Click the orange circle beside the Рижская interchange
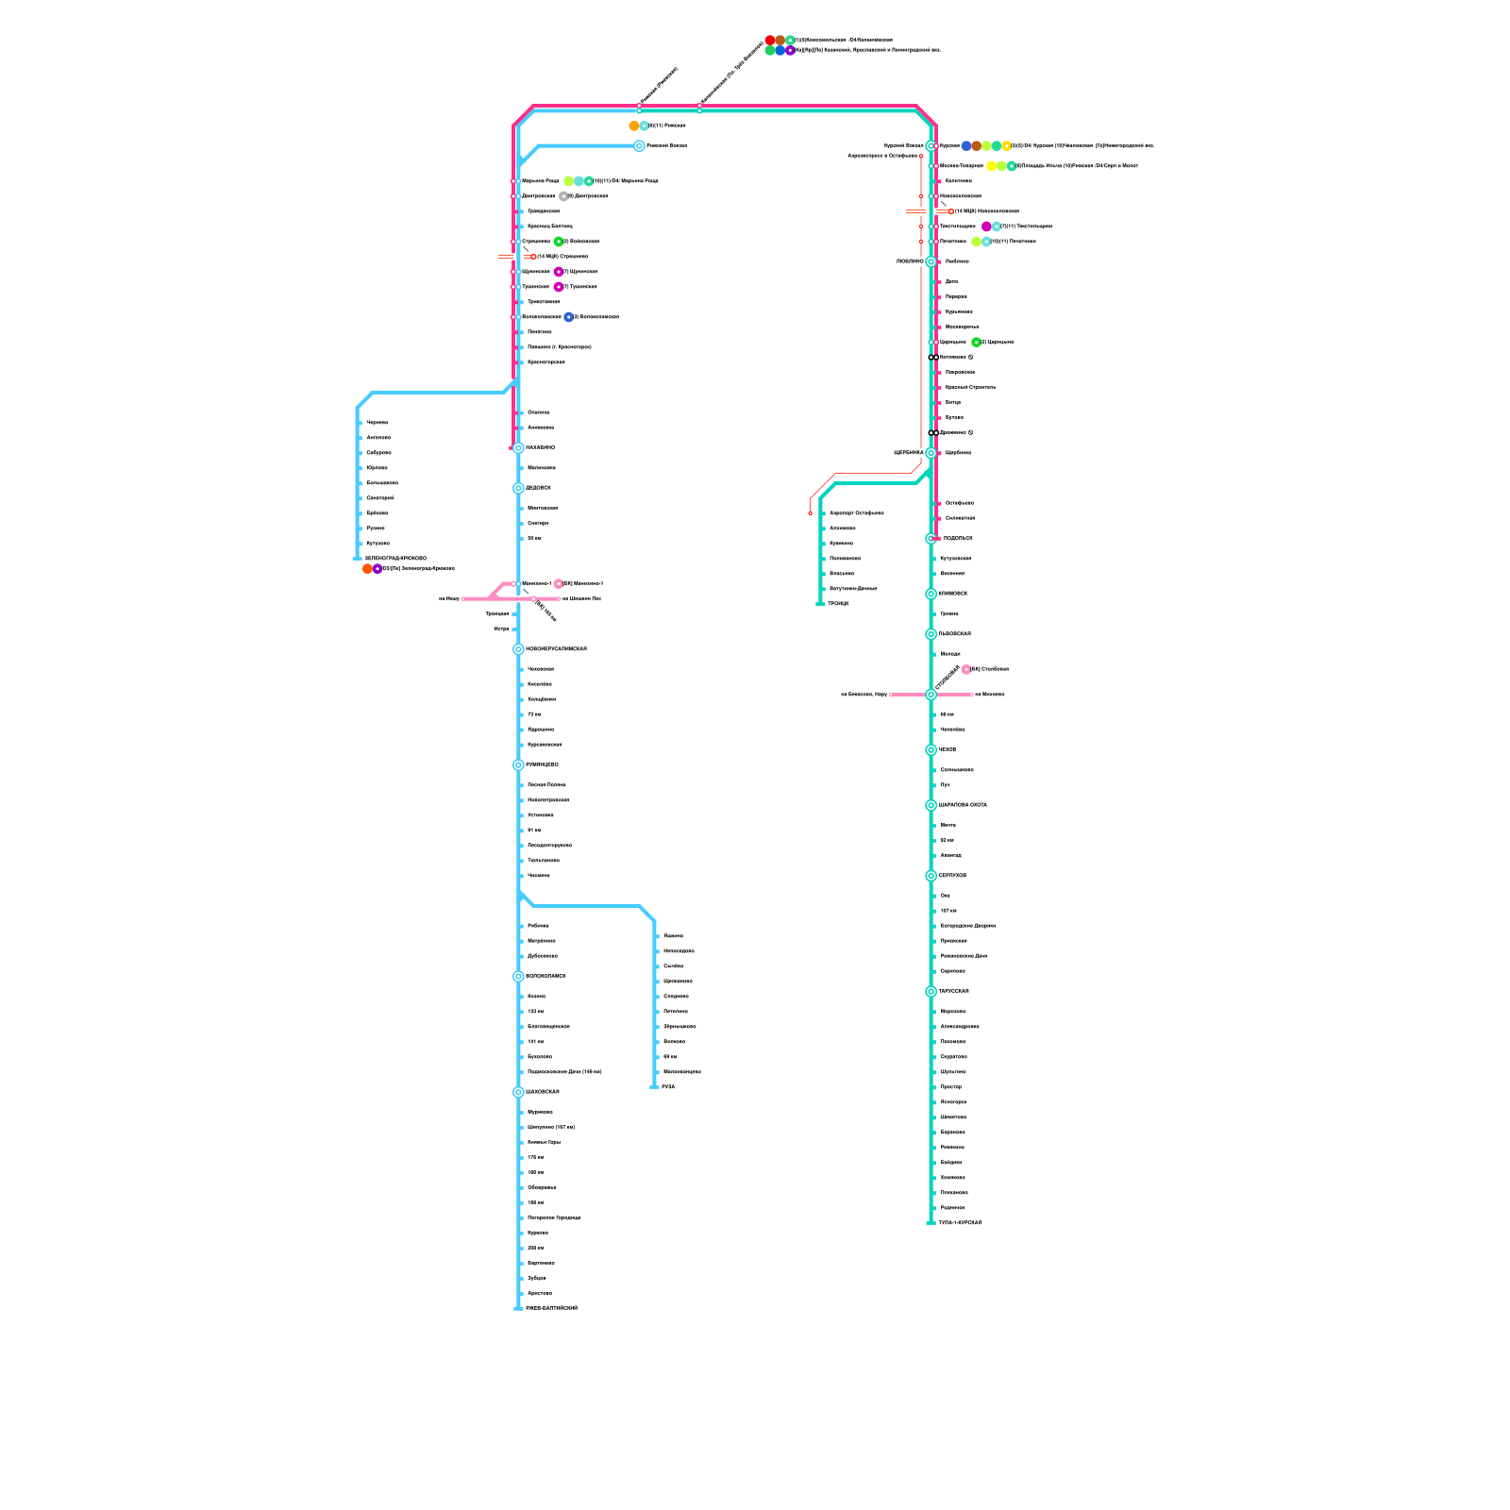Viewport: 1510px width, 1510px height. [x=634, y=126]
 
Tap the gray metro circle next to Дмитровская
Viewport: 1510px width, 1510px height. [x=563, y=196]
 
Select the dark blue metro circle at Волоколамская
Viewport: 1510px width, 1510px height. [x=568, y=317]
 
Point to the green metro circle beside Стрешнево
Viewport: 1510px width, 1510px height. [x=559, y=242]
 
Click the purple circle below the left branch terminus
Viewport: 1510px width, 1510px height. [x=377, y=569]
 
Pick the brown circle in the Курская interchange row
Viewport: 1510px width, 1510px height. [x=976, y=146]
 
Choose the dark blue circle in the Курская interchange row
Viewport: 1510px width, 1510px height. [x=965, y=146]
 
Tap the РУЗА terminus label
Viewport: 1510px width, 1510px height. [x=668, y=1087]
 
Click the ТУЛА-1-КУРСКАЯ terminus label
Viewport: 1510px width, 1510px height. [x=960, y=1223]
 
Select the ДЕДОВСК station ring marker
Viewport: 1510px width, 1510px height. [x=518, y=488]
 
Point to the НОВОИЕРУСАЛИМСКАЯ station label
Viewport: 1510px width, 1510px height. [x=556, y=649]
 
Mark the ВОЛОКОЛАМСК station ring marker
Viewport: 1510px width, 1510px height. [x=518, y=976]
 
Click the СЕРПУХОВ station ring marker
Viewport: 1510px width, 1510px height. [x=931, y=876]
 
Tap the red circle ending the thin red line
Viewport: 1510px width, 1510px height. [x=810, y=513]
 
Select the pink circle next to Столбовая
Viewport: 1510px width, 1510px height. [x=966, y=669]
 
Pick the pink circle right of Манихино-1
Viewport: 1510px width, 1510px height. [x=559, y=583]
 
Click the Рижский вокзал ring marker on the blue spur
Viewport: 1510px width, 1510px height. [x=639, y=146]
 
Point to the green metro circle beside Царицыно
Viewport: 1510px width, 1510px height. [x=976, y=342]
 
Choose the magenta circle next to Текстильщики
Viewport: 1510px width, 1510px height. [x=986, y=226]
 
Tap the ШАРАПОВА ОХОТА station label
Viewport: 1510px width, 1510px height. [x=963, y=805]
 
